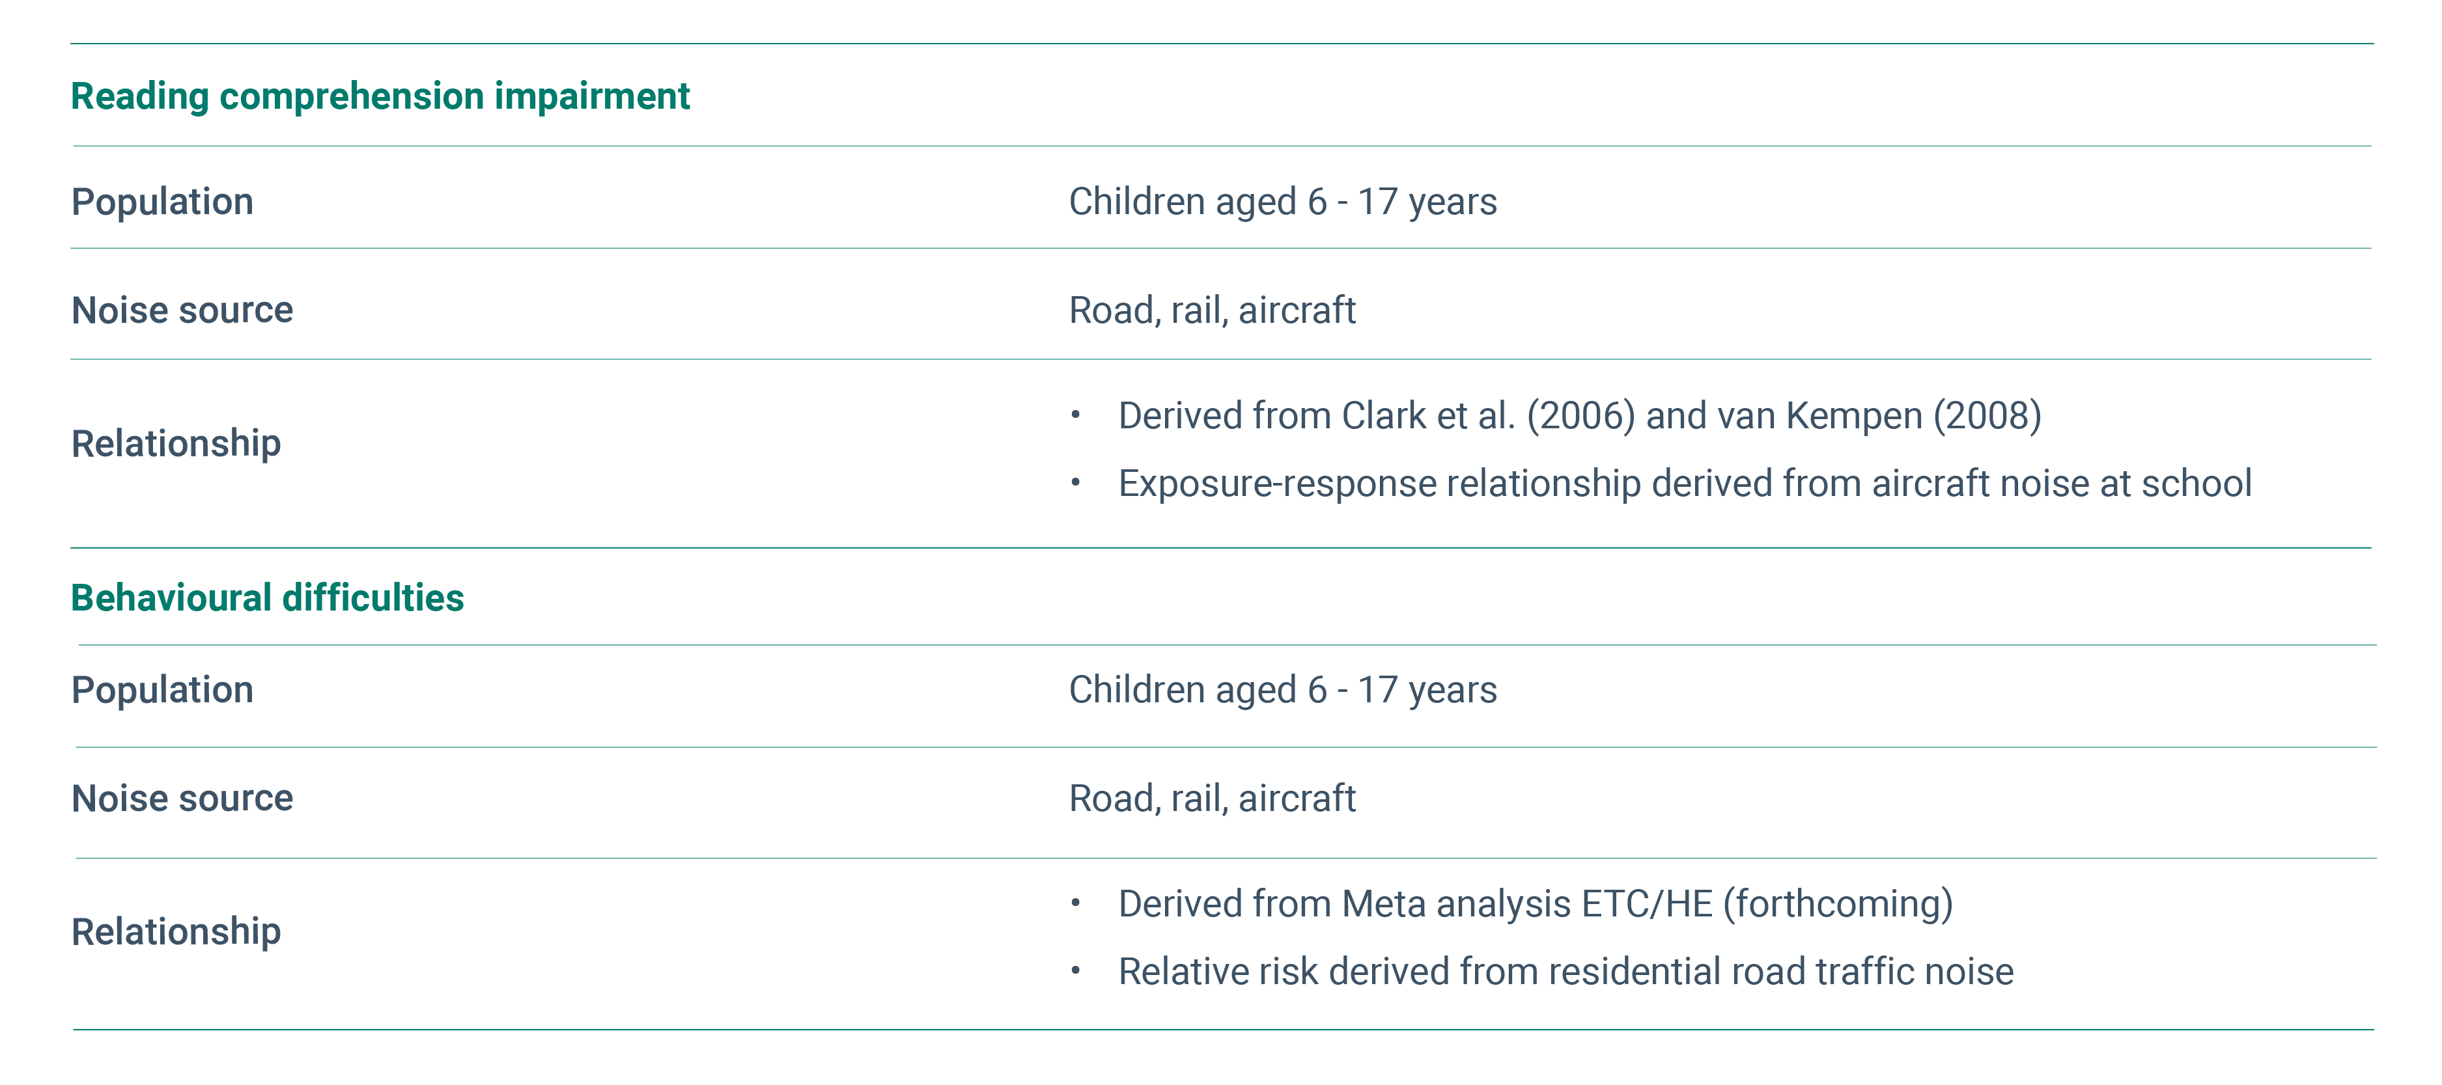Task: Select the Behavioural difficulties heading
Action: (x=268, y=598)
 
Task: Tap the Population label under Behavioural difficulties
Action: (x=162, y=691)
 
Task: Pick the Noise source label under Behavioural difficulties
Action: (x=182, y=799)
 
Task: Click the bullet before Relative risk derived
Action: (x=1075, y=971)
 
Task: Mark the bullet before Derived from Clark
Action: (x=1075, y=415)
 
